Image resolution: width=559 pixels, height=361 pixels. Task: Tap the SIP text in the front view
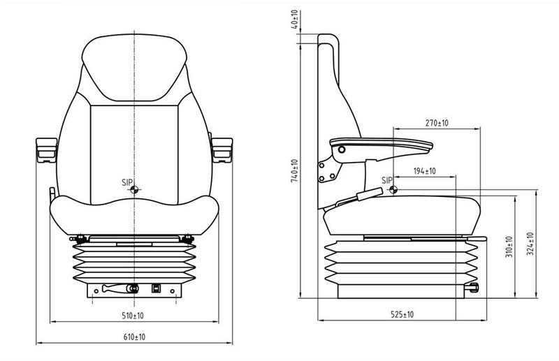click(x=126, y=182)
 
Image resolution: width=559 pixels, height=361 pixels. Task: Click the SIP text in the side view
click(x=386, y=181)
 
